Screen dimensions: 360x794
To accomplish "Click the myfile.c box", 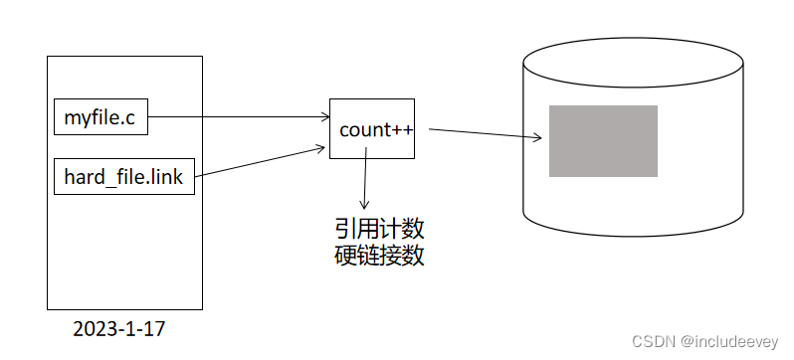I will tap(100, 120).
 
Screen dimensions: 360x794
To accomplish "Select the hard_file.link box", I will tap(123, 177).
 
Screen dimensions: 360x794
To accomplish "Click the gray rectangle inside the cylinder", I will tap(603, 141).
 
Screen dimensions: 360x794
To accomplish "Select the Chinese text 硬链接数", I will tap(380, 257).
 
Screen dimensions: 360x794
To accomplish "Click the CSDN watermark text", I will tap(653, 341).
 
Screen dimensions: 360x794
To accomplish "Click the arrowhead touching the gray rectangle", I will tap(542, 139).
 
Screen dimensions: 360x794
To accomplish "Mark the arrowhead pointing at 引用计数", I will tap(364, 203).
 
